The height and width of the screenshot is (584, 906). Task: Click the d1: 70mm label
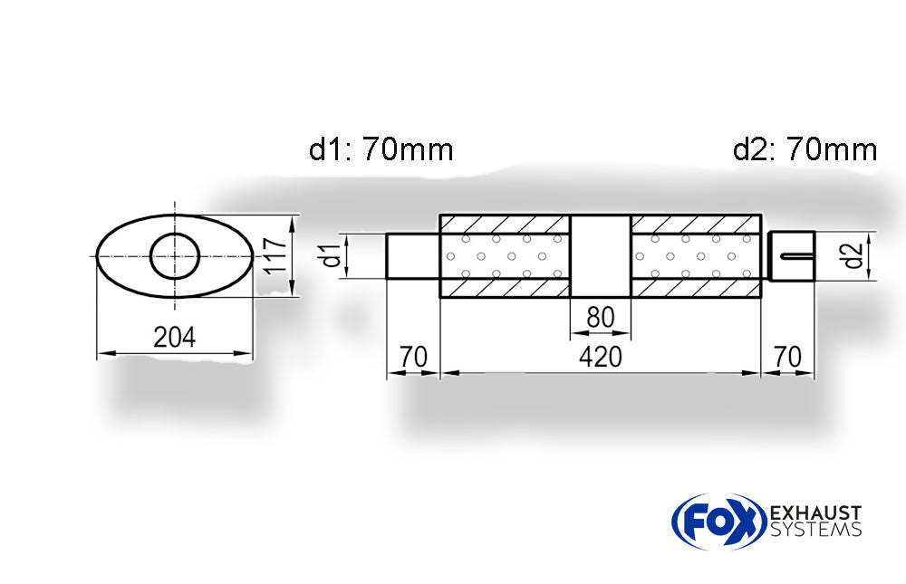click(381, 149)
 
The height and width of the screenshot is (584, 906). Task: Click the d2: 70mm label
click(805, 149)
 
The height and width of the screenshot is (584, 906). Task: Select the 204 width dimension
click(174, 337)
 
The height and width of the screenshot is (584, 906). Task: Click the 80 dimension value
click(600, 318)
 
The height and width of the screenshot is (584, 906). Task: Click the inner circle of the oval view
click(175, 256)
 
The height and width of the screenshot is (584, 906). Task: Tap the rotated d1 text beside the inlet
click(333, 255)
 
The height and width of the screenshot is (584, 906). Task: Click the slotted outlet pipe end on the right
click(792, 256)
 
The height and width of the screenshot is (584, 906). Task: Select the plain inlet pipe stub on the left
click(413, 256)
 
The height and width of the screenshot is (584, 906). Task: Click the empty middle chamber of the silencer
click(600, 256)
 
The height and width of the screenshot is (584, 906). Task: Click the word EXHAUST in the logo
click(814, 513)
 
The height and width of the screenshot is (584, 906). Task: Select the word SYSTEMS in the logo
click(814, 531)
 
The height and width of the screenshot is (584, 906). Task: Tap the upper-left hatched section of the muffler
click(504, 224)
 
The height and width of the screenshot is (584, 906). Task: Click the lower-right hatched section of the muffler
click(695, 288)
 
